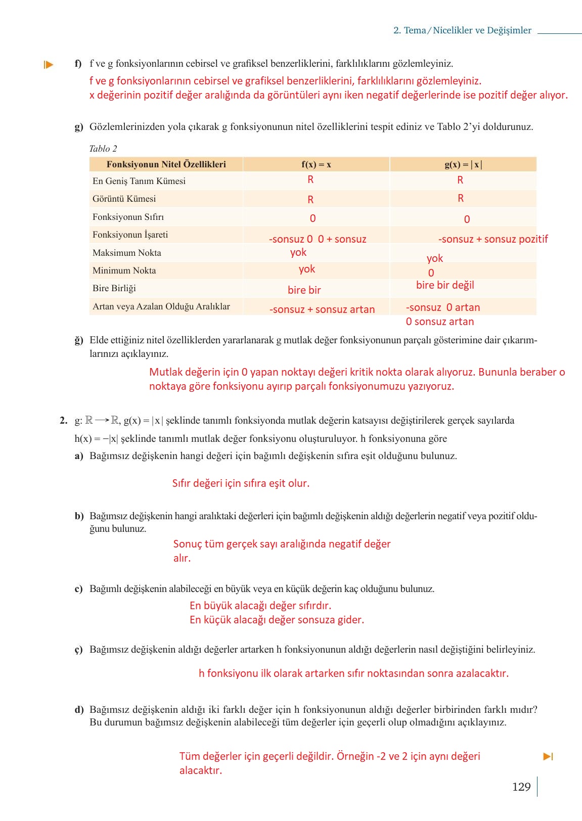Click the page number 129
click(x=521, y=787)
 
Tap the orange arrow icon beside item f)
click(x=49, y=65)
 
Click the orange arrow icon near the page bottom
click(x=548, y=756)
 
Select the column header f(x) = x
click(x=316, y=164)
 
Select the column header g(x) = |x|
click(x=463, y=164)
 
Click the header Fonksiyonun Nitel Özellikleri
click(x=166, y=164)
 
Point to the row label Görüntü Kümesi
click(x=124, y=199)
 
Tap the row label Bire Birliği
click(x=114, y=288)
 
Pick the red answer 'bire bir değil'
click(x=445, y=285)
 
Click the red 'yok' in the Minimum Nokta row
click(x=306, y=269)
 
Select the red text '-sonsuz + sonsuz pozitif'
click(x=493, y=239)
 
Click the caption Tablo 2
click(x=103, y=149)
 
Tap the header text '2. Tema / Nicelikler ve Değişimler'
click(x=462, y=30)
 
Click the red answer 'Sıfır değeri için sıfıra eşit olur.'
click(x=241, y=483)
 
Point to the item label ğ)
click(x=79, y=340)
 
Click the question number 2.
click(x=63, y=421)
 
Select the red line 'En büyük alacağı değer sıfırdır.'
click(x=260, y=606)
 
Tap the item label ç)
click(x=78, y=650)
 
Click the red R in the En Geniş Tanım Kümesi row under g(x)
click(x=460, y=180)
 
